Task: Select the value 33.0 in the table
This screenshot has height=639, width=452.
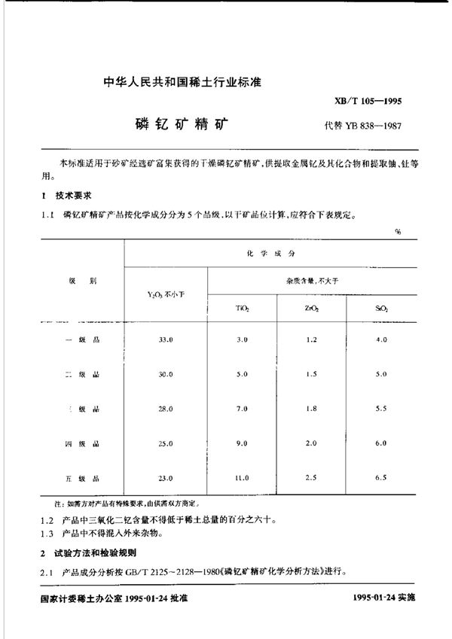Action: point(165,339)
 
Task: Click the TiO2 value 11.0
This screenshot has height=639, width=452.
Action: point(241,478)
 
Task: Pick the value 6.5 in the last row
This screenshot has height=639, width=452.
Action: point(380,478)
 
